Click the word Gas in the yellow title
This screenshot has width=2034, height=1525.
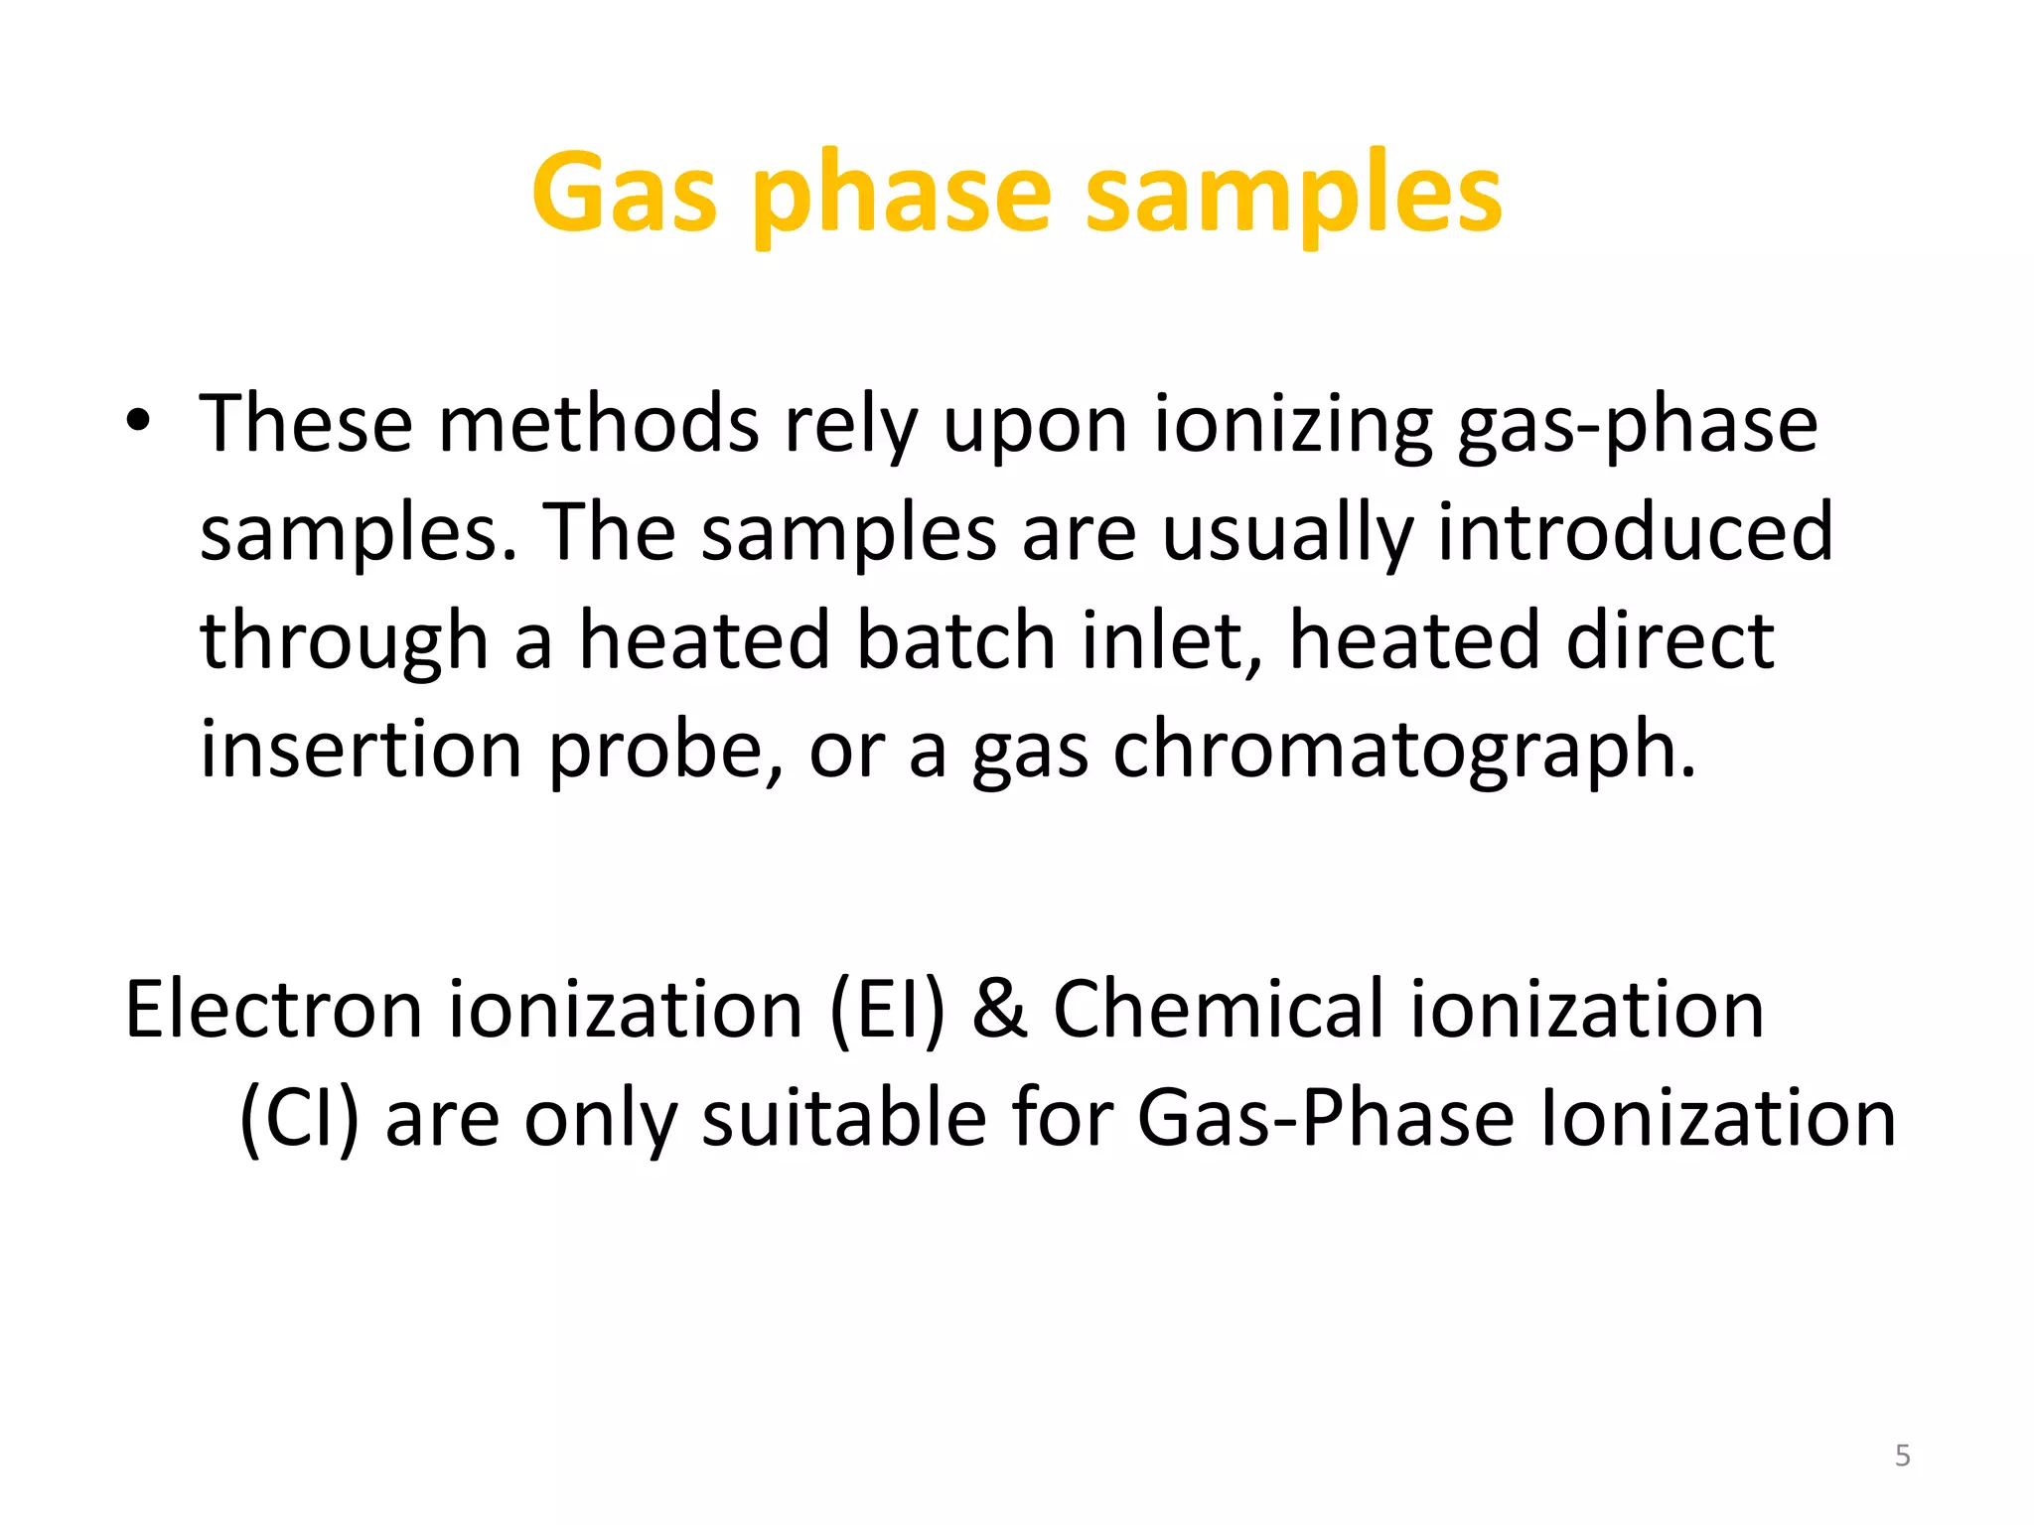(624, 194)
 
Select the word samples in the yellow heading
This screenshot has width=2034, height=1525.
(1293, 196)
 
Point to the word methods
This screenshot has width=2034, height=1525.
(599, 424)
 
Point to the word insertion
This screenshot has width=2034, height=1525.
(361, 749)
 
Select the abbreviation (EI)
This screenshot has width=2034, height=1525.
(887, 1010)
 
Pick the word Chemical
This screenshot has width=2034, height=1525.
(1218, 1010)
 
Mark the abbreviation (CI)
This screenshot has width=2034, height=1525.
(299, 1119)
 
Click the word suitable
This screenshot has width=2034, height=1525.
(844, 1119)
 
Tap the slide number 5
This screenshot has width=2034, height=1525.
(1902, 1456)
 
